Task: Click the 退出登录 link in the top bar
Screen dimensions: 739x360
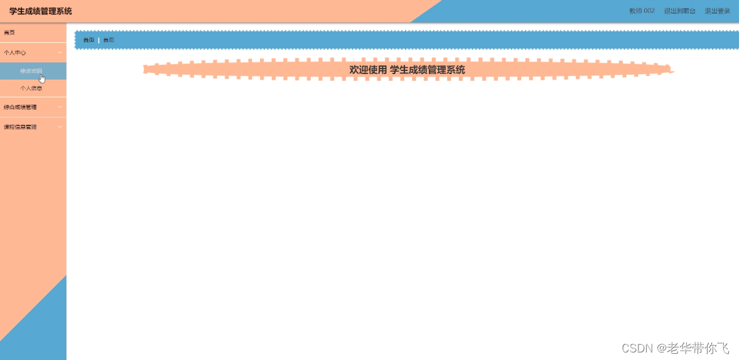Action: click(717, 11)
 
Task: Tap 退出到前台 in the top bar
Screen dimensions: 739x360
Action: click(679, 11)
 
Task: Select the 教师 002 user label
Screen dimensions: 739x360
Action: click(642, 11)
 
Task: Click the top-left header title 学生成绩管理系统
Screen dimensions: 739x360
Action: click(41, 11)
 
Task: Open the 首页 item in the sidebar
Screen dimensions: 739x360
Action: click(9, 33)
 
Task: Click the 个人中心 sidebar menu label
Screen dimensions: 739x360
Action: click(15, 53)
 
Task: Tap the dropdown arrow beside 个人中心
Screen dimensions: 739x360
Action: click(60, 53)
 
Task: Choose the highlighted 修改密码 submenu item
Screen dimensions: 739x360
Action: click(31, 71)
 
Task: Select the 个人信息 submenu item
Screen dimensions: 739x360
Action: click(31, 89)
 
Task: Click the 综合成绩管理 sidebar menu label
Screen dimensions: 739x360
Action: click(20, 107)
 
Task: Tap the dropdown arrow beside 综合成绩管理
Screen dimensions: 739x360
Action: click(60, 107)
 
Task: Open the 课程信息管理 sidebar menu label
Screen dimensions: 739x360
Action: click(20, 127)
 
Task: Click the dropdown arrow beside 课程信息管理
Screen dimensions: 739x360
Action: click(60, 127)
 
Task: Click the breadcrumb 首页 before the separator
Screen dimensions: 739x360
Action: click(89, 40)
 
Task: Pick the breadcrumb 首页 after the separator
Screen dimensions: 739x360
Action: click(109, 40)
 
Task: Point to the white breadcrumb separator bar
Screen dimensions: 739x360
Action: click(99, 40)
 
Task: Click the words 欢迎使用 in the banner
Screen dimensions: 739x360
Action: click(368, 70)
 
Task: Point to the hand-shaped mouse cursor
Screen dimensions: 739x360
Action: click(42, 79)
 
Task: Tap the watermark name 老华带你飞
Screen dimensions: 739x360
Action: click(698, 348)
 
